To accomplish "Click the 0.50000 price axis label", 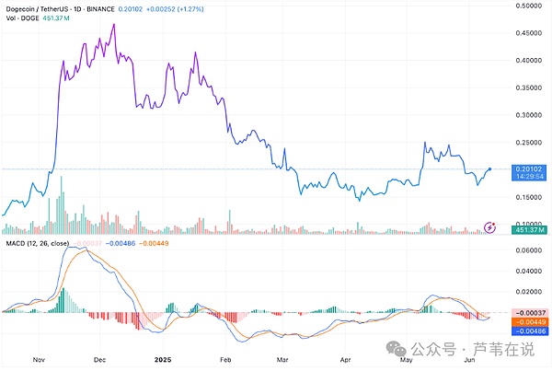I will click(530, 6).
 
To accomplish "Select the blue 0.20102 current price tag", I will click(530, 168).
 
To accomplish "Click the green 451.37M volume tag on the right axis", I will click(530, 229).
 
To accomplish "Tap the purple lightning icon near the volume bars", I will click(490, 226).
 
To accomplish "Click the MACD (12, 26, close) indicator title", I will click(33, 242).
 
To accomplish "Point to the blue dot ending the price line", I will click(489, 168).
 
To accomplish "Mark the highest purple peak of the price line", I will click(113, 25).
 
